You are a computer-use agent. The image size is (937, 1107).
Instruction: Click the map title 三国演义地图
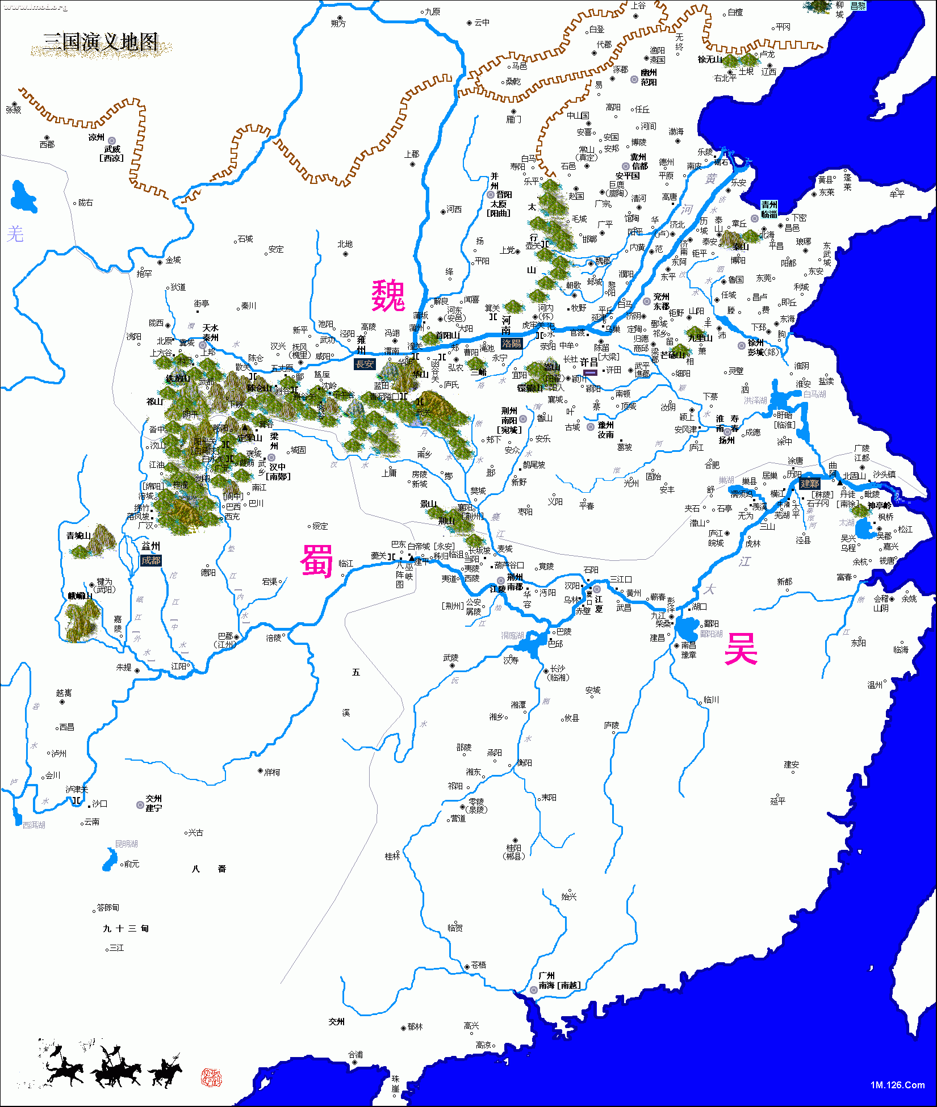pyautogui.click(x=101, y=42)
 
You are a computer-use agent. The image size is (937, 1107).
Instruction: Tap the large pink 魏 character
pyautogui.click(x=388, y=295)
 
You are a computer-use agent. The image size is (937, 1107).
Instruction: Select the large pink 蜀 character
pyautogui.click(x=316, y=560)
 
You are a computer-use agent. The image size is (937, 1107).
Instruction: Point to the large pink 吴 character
pyautogui.click(x=741, y=648)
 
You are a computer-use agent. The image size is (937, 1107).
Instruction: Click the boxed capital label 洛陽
pyautogui.click(x=511, y=343)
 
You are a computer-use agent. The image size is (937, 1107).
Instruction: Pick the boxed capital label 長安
pyautogui.click(x=365, y=364)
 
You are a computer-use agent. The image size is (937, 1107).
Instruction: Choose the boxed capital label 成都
pyautogui.click(x=151, y=560)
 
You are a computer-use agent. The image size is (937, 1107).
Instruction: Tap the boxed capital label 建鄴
pyautogui.click(x=809, y=484)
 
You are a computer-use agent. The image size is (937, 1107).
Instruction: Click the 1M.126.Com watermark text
pyautogui.click(x=897, y=1085)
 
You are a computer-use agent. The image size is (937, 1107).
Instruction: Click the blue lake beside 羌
pyautogui.click(x=23, y=197)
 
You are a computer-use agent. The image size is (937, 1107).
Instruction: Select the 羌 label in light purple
pyautogui.click(x=15, y=233)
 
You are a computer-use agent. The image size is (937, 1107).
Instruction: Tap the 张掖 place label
pyautogui.click(x=13, y=110)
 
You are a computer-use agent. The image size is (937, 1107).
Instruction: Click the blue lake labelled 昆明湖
pyautogui.click(x=108, y=859)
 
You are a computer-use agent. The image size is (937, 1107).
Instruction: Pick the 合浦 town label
pyautogui.click(x=355, y=1054)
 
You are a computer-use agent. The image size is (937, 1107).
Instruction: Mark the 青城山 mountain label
pyautogui.click(x=78, y=535)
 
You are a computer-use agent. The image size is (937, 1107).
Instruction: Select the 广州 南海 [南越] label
pyautogui.click(x=559, y=980)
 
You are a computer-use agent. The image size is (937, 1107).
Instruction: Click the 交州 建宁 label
pyautogui.click(x=153, y=803)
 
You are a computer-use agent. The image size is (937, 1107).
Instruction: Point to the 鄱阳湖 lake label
pyautogui.click(x=711, y=634)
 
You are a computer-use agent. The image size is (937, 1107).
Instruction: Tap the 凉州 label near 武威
pyautogui.click(x=97, y=137)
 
